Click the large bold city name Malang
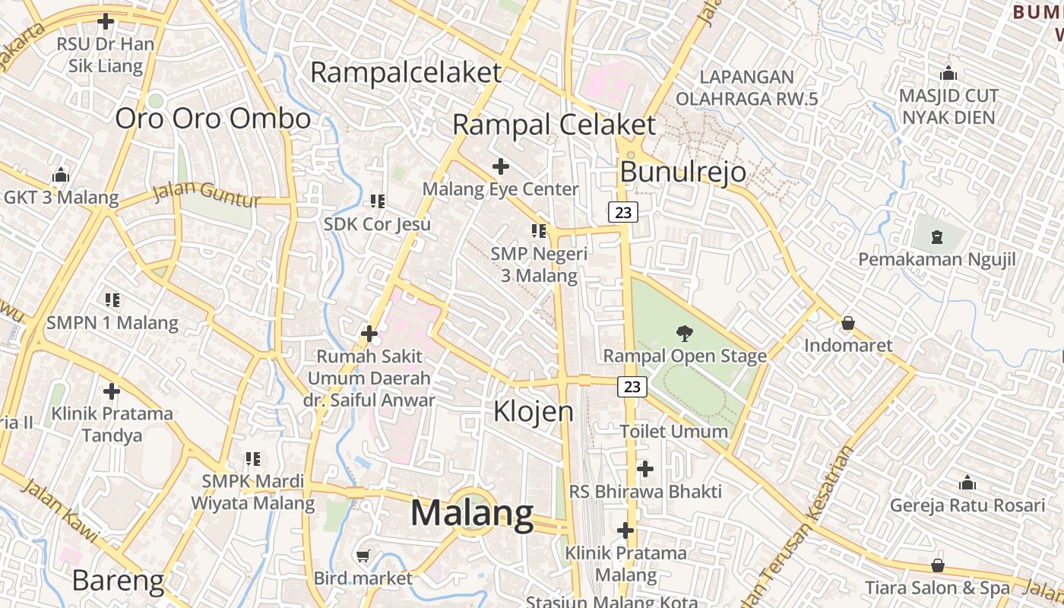pyautogui.click(x=472, y=514)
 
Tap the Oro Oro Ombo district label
pyautogui.click(x=213, y=119)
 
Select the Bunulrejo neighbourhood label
pyautogui.click(x=682, y=173)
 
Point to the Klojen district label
pyautogui.click(x=534, y=411)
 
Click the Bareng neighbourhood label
pyautogui.click(x=118, y=581)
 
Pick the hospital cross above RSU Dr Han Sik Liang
pyautogui.click(x=106, y=21)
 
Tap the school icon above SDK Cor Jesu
pyautogui.click(x=377, y=201)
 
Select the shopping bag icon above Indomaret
pyautogui.click(x=848, y=323)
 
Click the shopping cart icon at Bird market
pyautogui.click(x=363, y=556)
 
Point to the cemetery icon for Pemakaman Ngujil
pyautogui.click(x=936, y=236)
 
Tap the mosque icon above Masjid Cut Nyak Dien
pyautogui.click(x=948, y=74)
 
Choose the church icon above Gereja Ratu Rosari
pyautogui.click(x=967, y=483)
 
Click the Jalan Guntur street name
pyautogui.click(x=207, y=195)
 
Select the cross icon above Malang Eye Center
pyautogui.click(x=500, y=166)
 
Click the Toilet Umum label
pyautogui.click(x=673, y=432)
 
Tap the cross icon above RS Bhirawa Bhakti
pyautogui.click(x=645, y=469)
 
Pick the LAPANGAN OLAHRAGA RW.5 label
pyautogui.click(x=746, y=87)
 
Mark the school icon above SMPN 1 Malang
pyautogui.click(x=112, y=300)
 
